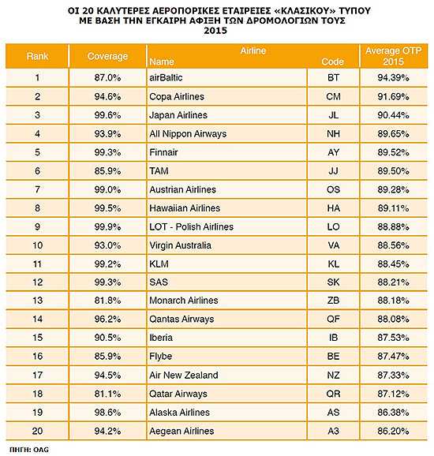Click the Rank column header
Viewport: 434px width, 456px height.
[x=37, y=56]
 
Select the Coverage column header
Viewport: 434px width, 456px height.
[x=107, y=56]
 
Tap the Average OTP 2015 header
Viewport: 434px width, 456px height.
[x=393, y=56]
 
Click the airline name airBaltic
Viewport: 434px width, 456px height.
[x=166, y=77]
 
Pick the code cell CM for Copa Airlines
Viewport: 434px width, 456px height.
[x=333, y=96]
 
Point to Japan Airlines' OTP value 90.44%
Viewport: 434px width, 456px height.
[x=393, y=115]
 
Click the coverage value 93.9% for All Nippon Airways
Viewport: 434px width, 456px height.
[x=107, y=134]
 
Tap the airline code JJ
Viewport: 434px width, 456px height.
[x=333, y=171]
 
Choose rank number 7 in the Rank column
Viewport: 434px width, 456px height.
[x=37, y=189]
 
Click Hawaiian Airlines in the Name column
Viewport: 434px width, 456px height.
[x=185, y=208]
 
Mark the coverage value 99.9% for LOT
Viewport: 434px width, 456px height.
[x=107, y=227]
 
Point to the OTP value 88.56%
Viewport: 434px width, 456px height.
[x=393, y=245]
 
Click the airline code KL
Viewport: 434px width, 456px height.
[x=333, y=264]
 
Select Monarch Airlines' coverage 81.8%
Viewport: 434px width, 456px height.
[x=107, y=301]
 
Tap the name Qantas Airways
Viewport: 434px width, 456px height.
[x=181, y=320]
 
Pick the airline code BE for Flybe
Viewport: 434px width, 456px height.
[x=333, y=357]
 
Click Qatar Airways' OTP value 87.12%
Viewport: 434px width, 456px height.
[x=393, y=394]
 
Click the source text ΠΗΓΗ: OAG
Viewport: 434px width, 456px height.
[x=29, y=450]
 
